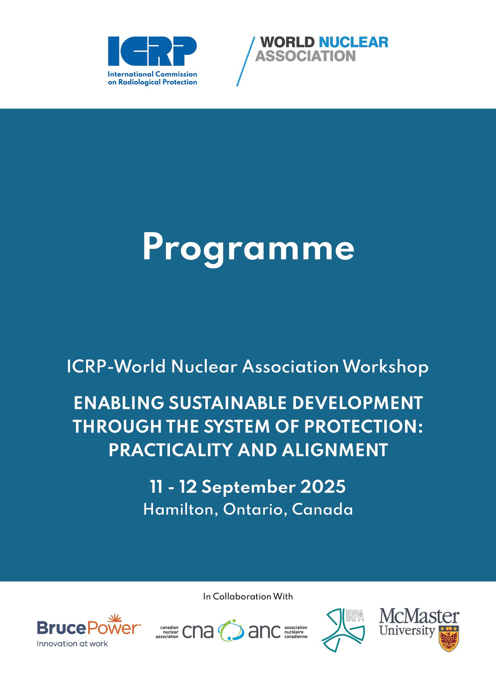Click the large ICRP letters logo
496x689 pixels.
[x=152, y=51]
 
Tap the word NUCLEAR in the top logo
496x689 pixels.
[x=353, y=42]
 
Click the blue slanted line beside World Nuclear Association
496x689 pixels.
[x=246, y=61]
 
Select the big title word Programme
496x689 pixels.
[x=248, y=248]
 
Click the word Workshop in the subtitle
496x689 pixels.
[x=386, y=367]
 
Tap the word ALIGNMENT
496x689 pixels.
[x=335, y=450]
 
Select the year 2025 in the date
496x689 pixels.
[x=323, y=487]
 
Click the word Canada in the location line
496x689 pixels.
[x=322, y=510]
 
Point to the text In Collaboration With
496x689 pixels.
[x=248, y=597]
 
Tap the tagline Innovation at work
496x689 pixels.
[x=72, y=644]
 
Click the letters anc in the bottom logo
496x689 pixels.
[x=264, y=632]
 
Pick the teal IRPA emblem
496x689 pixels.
[x=343, y=630]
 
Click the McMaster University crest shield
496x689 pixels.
[x=448, y=639]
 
